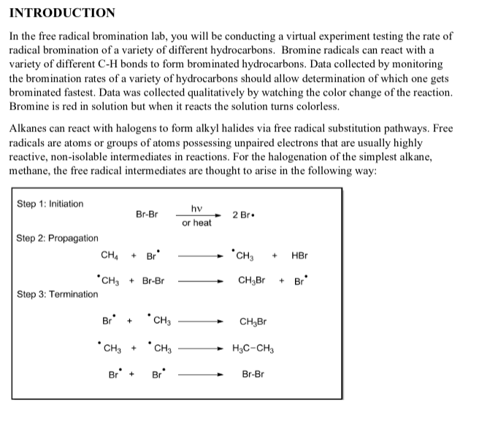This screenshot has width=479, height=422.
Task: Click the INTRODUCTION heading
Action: pos(62,12)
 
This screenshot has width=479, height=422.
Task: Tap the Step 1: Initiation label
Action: pos(50,204)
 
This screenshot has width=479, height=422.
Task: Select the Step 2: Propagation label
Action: pos(57,238)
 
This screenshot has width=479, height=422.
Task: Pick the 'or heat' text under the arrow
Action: pos(196,223)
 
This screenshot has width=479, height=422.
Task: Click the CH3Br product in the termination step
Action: pos(253,321)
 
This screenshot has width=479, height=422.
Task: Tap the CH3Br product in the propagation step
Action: pos(252,281)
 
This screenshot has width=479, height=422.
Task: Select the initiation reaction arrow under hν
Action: pos(196,215)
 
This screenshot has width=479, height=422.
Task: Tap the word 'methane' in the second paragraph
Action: pos(31,169)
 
